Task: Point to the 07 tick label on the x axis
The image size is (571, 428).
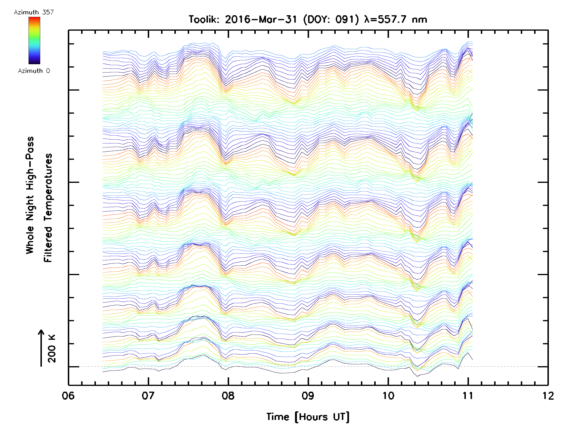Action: (x=148, y=396)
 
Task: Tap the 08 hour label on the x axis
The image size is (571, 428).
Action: (x=228, y=396)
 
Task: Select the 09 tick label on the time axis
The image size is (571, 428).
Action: (x=308, y=396)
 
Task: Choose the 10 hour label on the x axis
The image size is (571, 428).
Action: (x=388, y=396)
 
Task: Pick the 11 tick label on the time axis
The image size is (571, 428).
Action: (x=468, y=396)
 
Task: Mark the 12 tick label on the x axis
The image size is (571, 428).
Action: (x=548, y=396)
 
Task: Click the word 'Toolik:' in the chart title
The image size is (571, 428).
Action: (x=204, y=19)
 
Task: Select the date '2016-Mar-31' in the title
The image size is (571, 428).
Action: (x=261, y=19)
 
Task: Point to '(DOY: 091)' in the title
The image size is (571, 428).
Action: (x=331, y=19)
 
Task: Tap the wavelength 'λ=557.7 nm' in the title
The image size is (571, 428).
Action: (x=395, y=19)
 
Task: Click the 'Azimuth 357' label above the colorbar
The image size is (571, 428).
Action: (x=34, y=12)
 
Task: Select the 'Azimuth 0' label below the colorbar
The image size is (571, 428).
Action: (x=34, y=71)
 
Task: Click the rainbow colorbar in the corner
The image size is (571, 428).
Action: (x=34, y=40)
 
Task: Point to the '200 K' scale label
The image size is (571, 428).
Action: (x=52, y=349)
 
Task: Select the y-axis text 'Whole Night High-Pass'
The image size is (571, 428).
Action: (x=30, y=195)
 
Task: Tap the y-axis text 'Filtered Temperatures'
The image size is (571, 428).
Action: (x=48, y=208)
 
